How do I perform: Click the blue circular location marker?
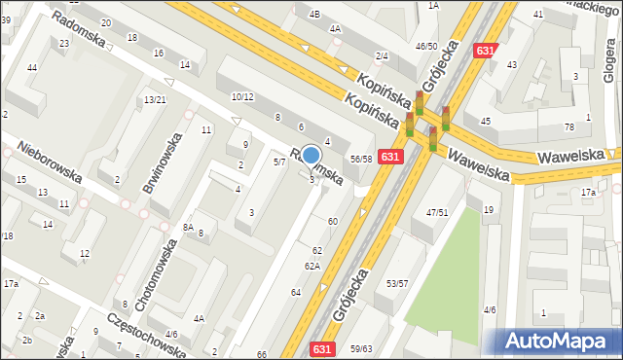(311, 155)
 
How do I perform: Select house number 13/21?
(155, 100)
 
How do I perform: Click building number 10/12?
(242, 96)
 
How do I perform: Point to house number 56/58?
(361, 158)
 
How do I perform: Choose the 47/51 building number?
(437, 212)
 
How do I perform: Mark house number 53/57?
(397, 283)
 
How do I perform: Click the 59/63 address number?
(361, 348)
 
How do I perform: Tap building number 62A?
(311, 266)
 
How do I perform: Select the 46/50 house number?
(426, 46)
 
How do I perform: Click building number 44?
(32, 67)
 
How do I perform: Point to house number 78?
(569, 127)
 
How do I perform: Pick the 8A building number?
(188, 226)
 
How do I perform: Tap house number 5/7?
(278, 162)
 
